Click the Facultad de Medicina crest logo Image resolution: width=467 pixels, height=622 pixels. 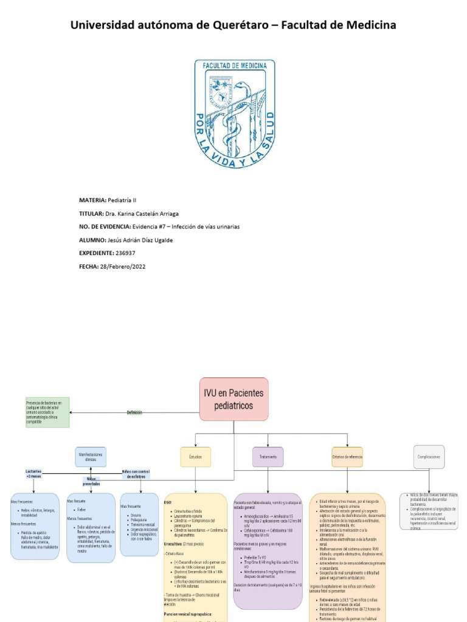234,109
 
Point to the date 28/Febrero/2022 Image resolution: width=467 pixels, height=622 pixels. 123,266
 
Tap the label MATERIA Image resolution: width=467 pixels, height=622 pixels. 92,200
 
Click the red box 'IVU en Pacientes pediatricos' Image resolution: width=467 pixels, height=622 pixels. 233,399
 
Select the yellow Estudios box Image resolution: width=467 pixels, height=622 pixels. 196,456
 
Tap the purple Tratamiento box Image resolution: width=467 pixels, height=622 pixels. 268,456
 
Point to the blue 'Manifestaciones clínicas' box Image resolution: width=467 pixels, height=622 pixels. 91,457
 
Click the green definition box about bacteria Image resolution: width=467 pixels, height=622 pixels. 47,412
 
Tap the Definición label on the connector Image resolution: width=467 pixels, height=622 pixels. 134,412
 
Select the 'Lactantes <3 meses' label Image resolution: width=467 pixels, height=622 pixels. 33,474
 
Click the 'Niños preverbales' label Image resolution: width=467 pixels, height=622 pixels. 91,482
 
